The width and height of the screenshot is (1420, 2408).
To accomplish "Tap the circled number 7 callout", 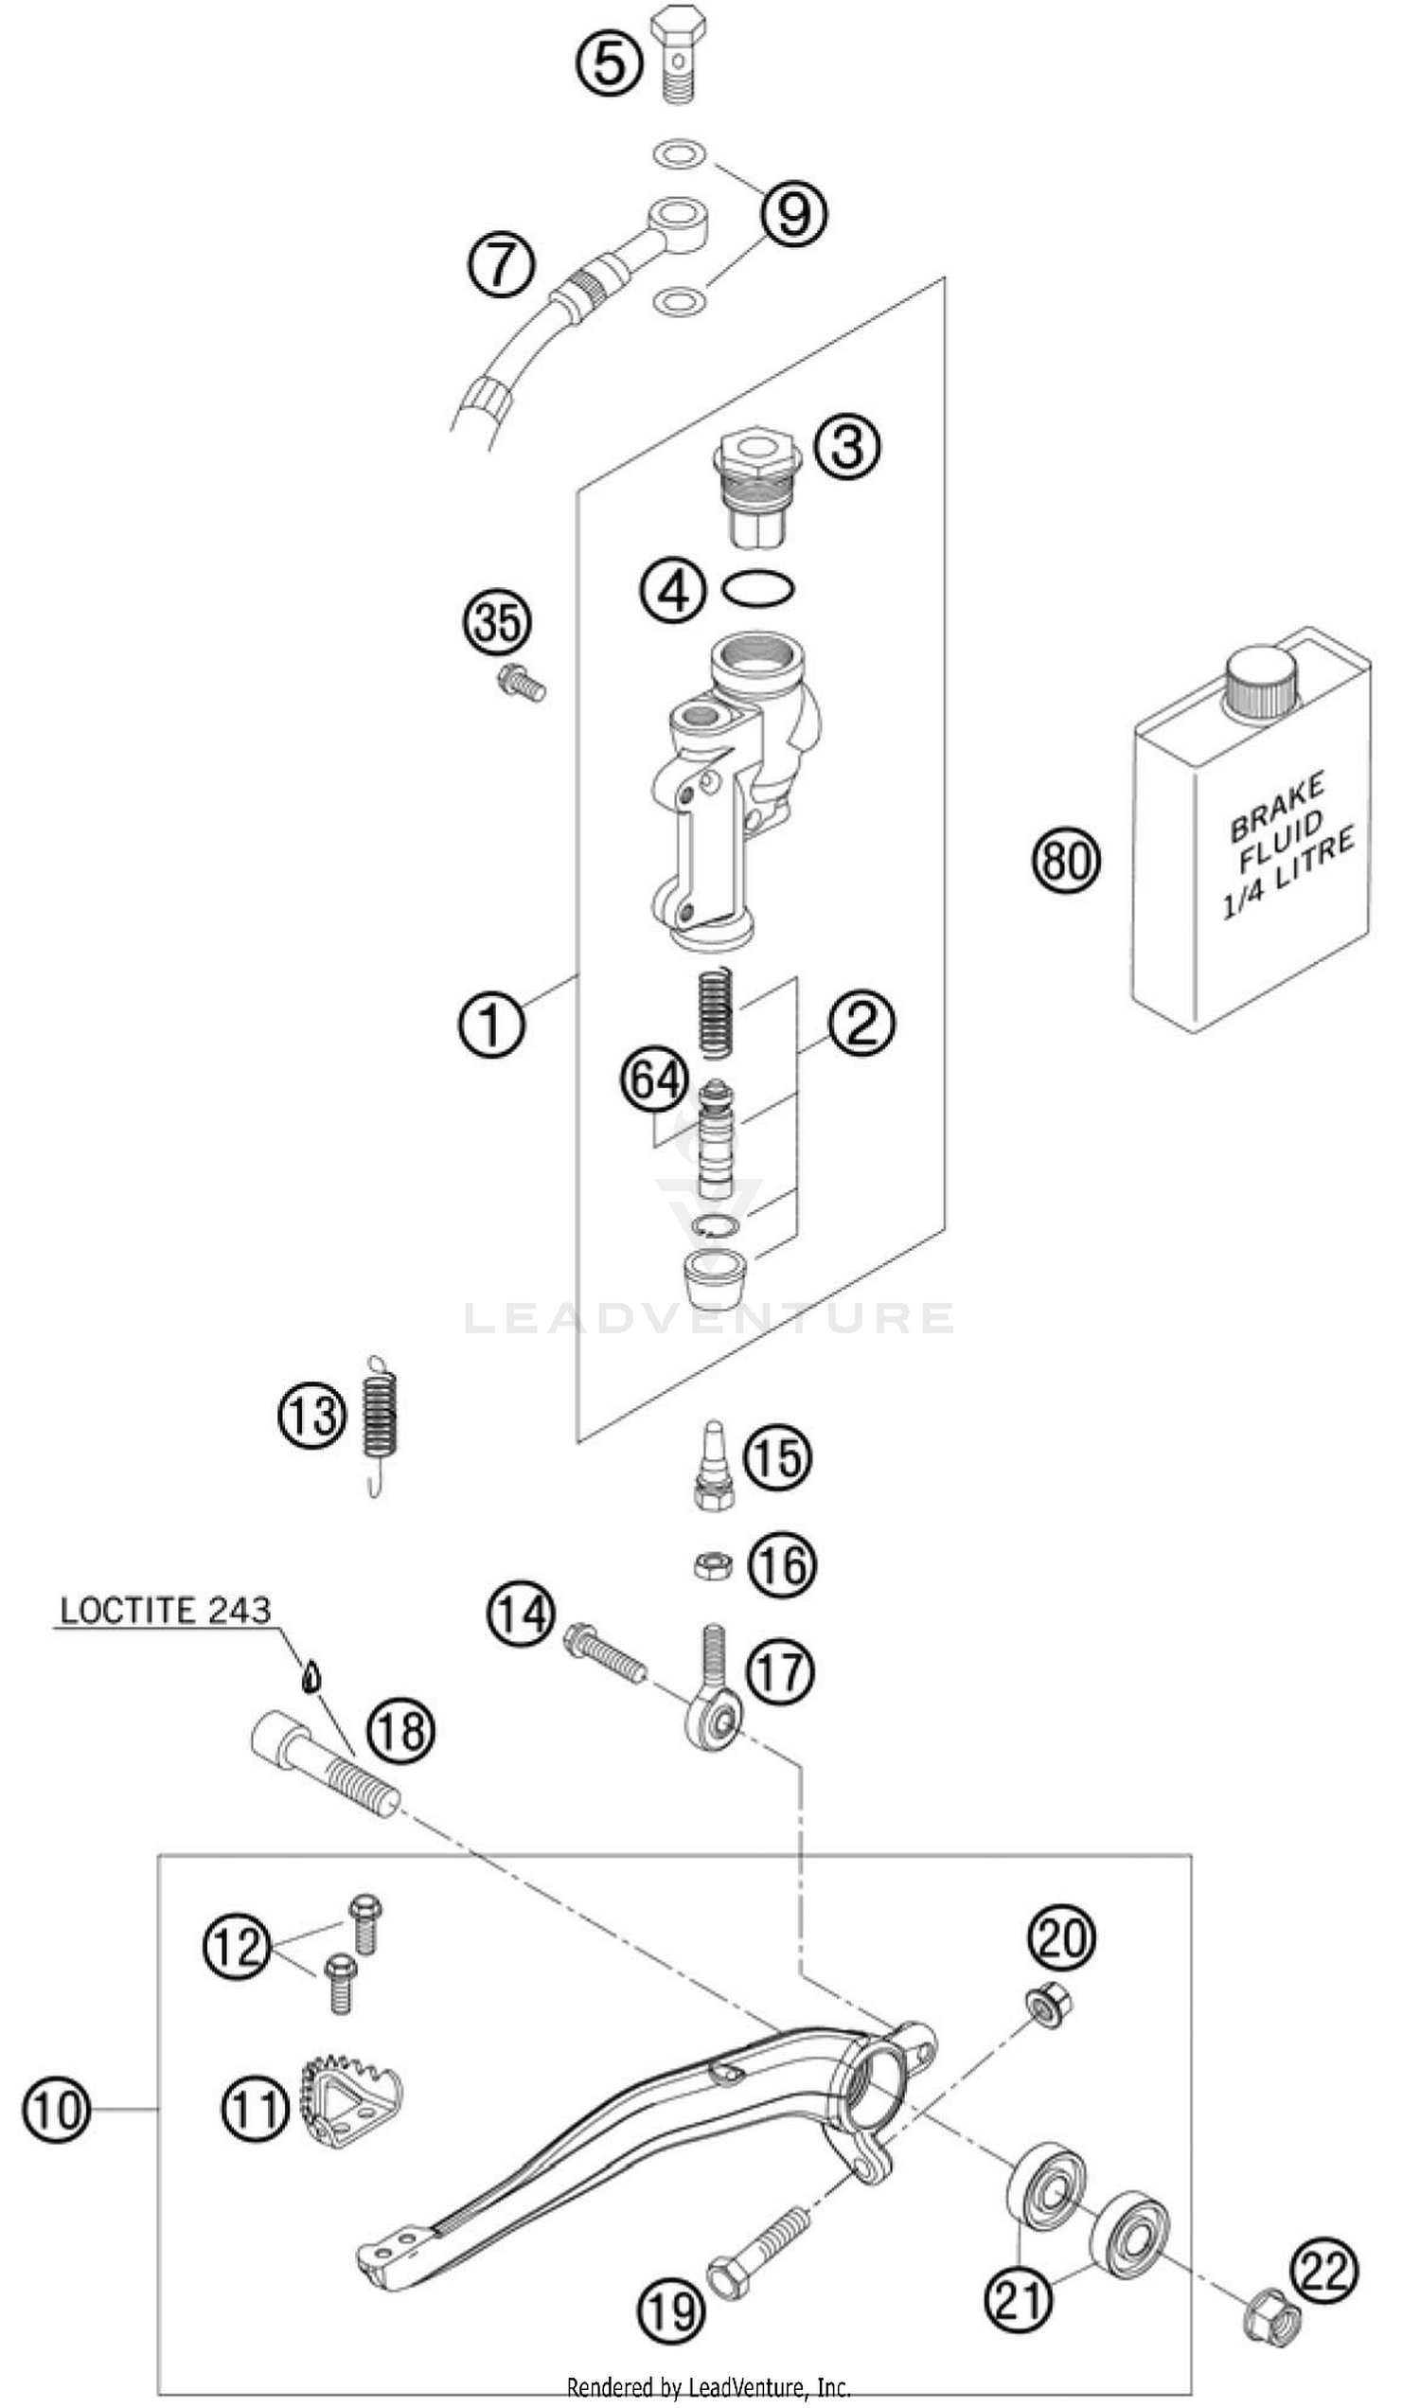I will click(502, 262).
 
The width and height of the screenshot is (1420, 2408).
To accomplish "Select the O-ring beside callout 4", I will click(758, 589).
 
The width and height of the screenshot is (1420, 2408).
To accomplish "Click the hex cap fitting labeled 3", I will click(757, 488).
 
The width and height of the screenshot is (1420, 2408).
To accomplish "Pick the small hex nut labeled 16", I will click(713, 1566).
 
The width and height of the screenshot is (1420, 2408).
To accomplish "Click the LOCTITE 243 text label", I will click(166, 1610).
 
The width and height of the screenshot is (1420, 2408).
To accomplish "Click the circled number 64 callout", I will click(655, 1080).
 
